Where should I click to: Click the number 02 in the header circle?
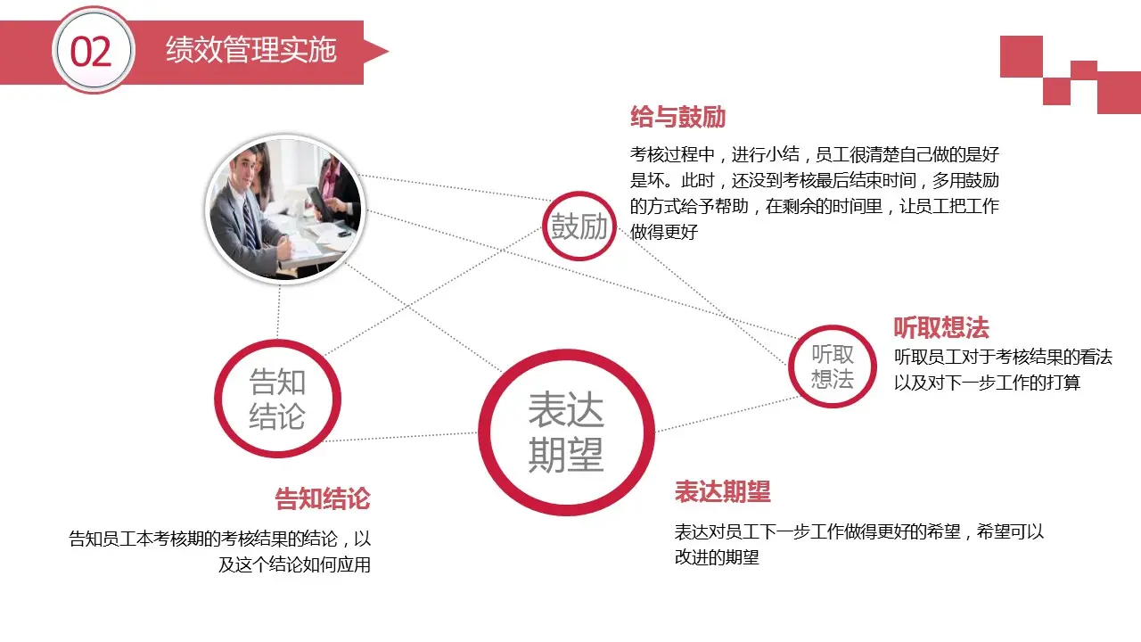[x=92, y=53]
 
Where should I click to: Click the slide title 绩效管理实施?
[x=250, y=51]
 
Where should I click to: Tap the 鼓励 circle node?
[x=579, y=226]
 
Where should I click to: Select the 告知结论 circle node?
[x=277, y=399]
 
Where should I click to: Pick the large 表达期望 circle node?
[x=566, y=432]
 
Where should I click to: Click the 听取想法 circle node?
[x=833, y=366]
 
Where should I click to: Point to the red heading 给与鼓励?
[x=677, y=118]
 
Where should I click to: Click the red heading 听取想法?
[x=941, y=328]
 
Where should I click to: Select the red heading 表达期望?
[x=722, y=491]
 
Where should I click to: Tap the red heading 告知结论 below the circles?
[x=322, y=498]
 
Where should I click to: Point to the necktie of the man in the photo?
[x=250, y=223]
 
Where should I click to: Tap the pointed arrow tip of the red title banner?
[x=382, y=51]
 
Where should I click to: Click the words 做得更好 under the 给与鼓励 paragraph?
[x=663, y=232]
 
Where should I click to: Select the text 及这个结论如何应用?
[x=294, y=565]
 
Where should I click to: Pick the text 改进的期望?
[x=717, y=558]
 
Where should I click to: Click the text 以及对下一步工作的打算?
[x=987, y=383]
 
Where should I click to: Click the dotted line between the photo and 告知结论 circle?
[x=278, y=312]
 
